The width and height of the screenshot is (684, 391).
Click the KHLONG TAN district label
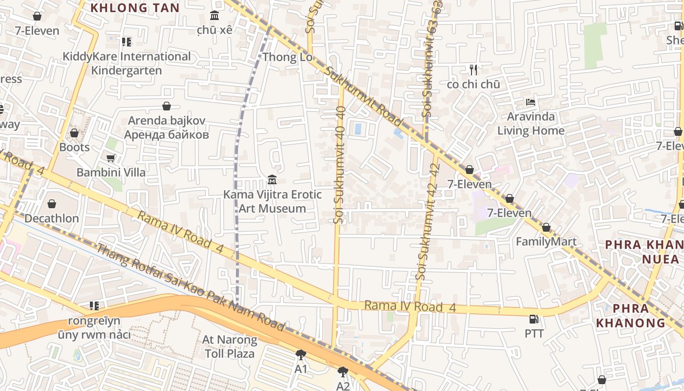click(x=135, y=8)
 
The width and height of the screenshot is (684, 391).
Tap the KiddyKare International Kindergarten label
click(x=127, y=64)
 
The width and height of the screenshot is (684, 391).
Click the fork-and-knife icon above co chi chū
click(x=473, y=69)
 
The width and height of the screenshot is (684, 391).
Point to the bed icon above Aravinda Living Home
click(x=531, y=102)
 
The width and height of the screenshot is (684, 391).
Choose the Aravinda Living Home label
click(x=531, y=124)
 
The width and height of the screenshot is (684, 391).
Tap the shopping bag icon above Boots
click(x=74, y=133)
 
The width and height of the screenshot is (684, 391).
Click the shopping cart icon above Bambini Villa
click(x=110, y=158)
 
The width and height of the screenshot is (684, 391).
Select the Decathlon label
click(x=52, y=218)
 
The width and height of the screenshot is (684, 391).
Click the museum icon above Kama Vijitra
click(x=272, y=180)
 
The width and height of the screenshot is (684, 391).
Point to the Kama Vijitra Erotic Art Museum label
click(x=272, y=201)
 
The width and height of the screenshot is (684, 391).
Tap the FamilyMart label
click(x=546, y=241)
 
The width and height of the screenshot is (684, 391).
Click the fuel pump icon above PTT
click(x=534, y=319)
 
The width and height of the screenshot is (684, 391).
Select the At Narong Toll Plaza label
click(x=230, y=346)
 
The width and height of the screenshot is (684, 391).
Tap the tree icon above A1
click(x=301, y=355)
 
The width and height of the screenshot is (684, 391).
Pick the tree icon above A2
click(x=343, y=372)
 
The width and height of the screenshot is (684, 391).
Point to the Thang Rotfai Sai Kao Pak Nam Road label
click(x=191, y=288)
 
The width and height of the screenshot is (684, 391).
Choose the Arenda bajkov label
click(x=167, y=128)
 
